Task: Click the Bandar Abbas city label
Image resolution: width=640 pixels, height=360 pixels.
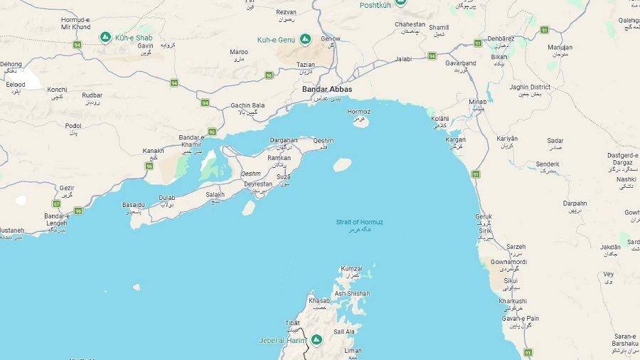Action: (x=326, y=89)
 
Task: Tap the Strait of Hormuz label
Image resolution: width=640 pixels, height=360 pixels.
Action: (x=359, y=222)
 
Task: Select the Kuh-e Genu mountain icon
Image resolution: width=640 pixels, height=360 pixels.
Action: (x=305, y=38)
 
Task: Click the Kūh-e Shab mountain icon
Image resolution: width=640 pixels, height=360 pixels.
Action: (x=105, y=36)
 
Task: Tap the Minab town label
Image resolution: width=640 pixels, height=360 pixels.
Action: (x=477, y=102)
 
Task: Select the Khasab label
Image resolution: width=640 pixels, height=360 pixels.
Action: (x=319, y=301)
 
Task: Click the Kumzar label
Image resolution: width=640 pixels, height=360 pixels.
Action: (x=351, y=269)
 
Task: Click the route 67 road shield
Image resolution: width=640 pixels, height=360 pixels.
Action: (x=55, y=203)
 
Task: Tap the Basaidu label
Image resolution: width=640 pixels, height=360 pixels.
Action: (x=134, y=205)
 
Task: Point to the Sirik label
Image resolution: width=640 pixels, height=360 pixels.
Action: (x=485, y=231)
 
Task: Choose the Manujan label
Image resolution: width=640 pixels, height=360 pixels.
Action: (x=560, y=47)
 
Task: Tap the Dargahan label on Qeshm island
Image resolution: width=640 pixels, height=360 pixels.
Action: (x=283, y=140)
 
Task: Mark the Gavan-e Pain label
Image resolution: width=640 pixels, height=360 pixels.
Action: (x=520, y=318)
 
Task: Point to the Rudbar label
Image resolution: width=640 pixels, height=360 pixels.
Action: (x=92, y=95)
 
